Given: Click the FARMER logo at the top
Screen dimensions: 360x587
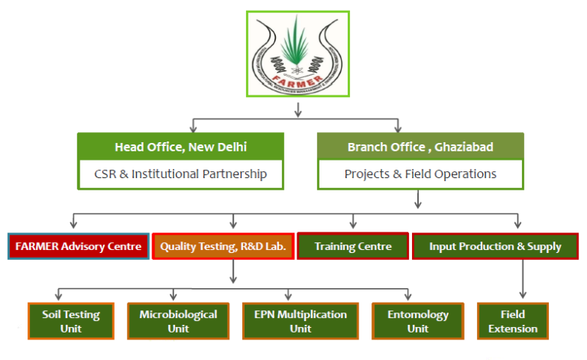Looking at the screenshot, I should (297, 54).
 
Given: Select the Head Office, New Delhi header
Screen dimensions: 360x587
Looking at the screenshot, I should (180, 146).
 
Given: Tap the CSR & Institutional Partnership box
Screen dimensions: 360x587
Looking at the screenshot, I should (180, 174).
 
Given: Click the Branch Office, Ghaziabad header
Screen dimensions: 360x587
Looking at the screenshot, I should (420, 146).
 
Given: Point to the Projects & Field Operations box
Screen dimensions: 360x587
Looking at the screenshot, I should (420, 174).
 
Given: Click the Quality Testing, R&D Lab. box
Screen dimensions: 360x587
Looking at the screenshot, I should (222, 246).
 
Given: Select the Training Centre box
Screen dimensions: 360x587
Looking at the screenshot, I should (353, 246).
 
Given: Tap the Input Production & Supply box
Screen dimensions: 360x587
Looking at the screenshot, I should (495, 246).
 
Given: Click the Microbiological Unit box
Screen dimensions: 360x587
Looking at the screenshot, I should (178, 321).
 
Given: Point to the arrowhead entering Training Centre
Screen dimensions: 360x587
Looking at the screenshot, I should (352, 225).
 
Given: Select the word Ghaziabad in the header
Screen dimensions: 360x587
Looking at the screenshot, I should (469, 146).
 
